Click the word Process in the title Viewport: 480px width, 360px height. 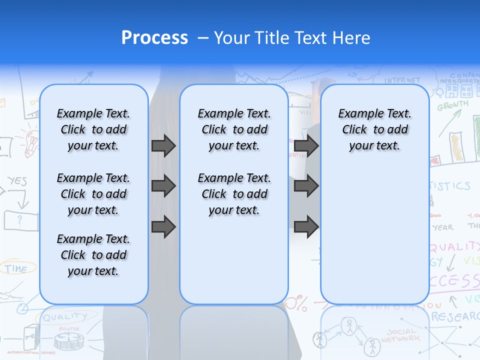pos(154,38)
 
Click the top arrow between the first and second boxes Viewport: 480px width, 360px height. pos(163,145)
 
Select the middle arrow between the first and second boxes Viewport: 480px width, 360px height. pos(163,186)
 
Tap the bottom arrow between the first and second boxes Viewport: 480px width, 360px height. pos(163,227)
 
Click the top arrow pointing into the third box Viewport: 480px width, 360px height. pos(306,145)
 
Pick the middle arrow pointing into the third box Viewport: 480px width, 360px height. pos(306,186)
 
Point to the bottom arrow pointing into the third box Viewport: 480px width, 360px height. pos(306,227)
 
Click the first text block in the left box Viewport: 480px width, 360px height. pos(93,129)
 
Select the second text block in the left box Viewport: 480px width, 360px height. pos(93,194)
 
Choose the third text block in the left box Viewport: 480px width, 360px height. pos(93,255)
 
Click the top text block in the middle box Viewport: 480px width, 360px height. pos(234,129)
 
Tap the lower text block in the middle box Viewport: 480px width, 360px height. pos(234,194)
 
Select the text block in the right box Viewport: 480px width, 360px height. pos(374,129)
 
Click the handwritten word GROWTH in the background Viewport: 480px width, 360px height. pos(453,105)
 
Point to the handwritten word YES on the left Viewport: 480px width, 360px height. pos(17,181)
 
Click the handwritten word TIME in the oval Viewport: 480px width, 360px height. pos(16,268)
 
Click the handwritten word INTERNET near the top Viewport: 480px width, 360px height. pos(402,80)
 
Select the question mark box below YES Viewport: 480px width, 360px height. pos(20,219)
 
